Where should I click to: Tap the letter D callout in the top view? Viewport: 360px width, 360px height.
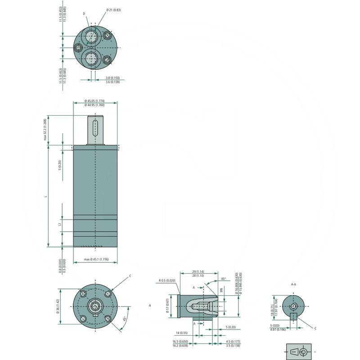tap(84, 14)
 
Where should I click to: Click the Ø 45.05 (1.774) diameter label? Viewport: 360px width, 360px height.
tap(95, 100)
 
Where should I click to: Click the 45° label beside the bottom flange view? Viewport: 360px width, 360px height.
tap(125, 319)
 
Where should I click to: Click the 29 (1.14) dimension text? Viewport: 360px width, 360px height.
tap(198, 272)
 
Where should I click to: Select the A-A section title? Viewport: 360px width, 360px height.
tap(293, 284)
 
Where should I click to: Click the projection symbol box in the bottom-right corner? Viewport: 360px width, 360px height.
tap(299, 351)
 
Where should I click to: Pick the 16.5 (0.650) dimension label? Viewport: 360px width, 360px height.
tap(180, 342)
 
